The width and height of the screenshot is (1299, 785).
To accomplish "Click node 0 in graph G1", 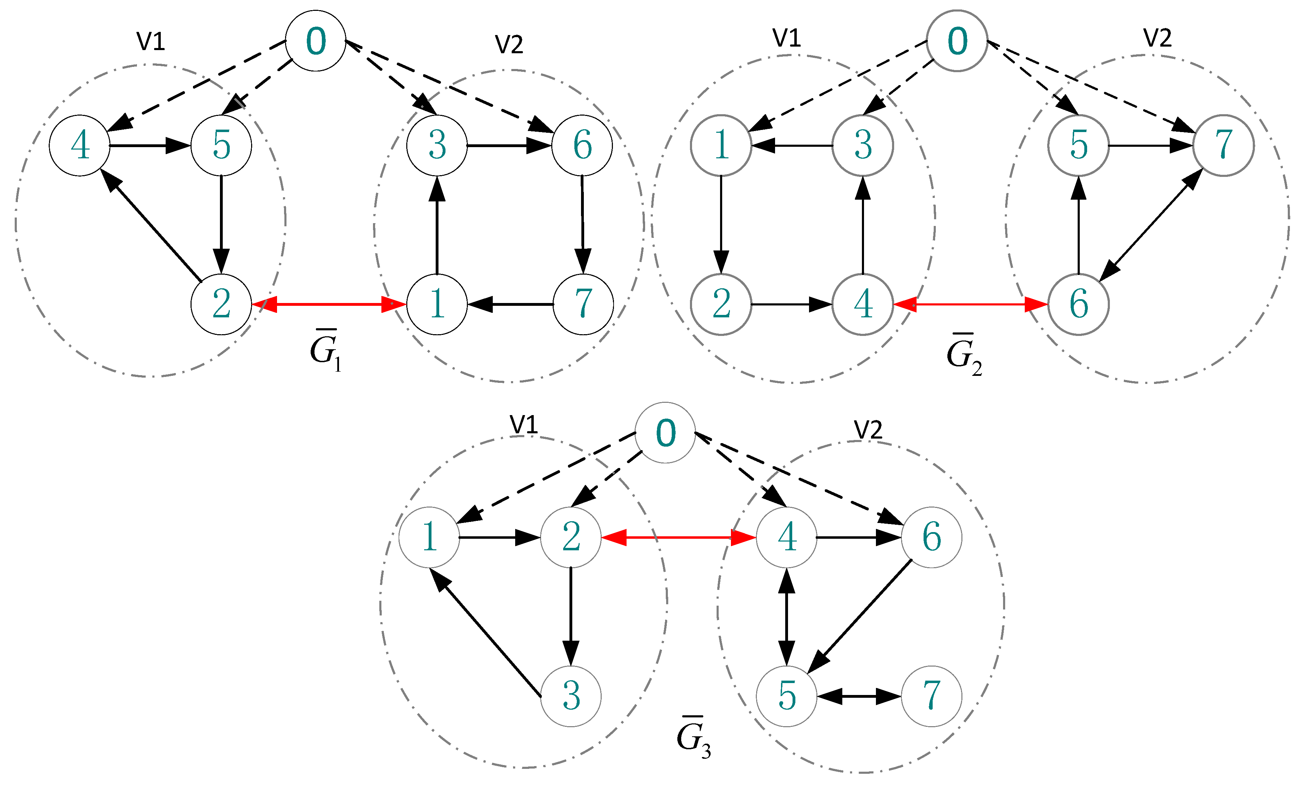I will pyautogui.click(x=315, y=41).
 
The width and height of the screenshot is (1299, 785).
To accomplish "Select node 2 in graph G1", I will pyautogui.click(x=221, y=304).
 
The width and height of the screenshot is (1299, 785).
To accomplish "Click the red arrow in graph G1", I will pyautogui.click(x=329, y=304).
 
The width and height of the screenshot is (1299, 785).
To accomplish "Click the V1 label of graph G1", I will pyautogui.click(x=151, y=41).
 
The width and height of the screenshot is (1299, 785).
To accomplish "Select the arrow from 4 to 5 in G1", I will pyautogui.click(x=150, y=145).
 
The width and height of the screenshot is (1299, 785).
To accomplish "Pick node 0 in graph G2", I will pyautogui.click(x=957, y=41).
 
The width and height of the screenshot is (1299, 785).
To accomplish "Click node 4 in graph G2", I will pyautogui.click(x=863, y=304).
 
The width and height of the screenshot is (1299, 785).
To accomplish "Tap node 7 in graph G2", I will pyautogui.click(x=1223, y=145).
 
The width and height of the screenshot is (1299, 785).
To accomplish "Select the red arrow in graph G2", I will pyautogui.click(x=970, y=304).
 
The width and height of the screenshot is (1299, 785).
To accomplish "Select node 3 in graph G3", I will pyautogui.click(x=571, y=696).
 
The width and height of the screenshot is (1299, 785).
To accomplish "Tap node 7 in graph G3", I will pyautogui.click(x=932, y=696).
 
